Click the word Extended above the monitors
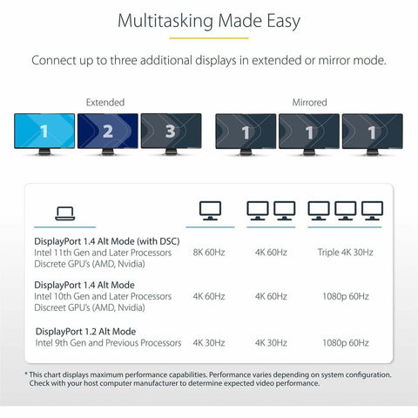105,103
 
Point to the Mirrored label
309,103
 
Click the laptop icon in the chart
65,213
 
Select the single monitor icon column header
210,211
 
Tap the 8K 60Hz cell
209,253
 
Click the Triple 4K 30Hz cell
345,253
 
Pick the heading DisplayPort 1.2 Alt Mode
85,332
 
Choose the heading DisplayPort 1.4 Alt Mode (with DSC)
107,241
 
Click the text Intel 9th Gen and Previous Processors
108,343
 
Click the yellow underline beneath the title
209,38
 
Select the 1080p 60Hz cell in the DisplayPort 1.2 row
346,343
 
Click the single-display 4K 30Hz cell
209,343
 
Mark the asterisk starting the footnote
26,374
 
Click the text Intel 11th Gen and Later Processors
103,253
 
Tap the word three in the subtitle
122,60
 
